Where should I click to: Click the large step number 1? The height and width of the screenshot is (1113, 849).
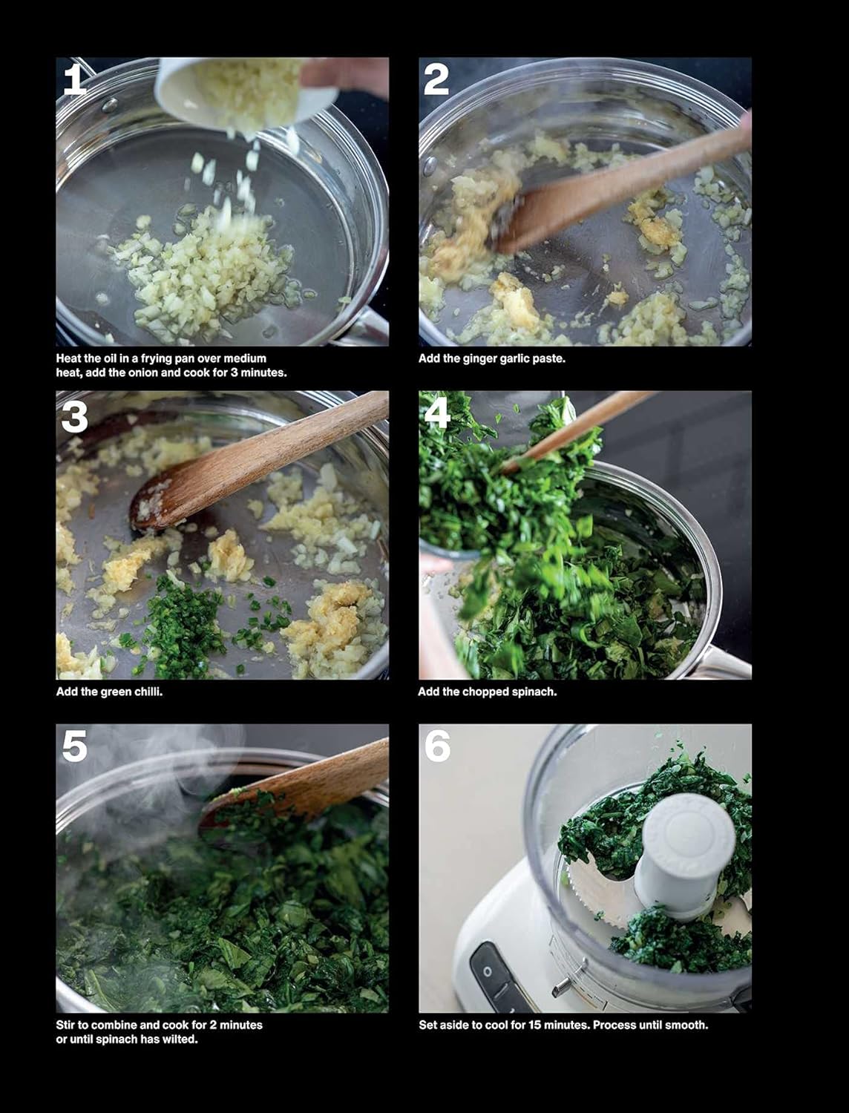74,79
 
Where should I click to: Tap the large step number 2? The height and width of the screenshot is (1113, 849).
436,79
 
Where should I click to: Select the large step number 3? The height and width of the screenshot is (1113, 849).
74,417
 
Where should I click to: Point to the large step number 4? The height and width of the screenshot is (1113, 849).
436,413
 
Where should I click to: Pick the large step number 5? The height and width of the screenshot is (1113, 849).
74,746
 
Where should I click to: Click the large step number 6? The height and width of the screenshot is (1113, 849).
437,746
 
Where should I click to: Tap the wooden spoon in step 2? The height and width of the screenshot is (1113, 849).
594,193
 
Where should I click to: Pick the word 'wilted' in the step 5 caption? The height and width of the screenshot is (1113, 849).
178,1040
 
